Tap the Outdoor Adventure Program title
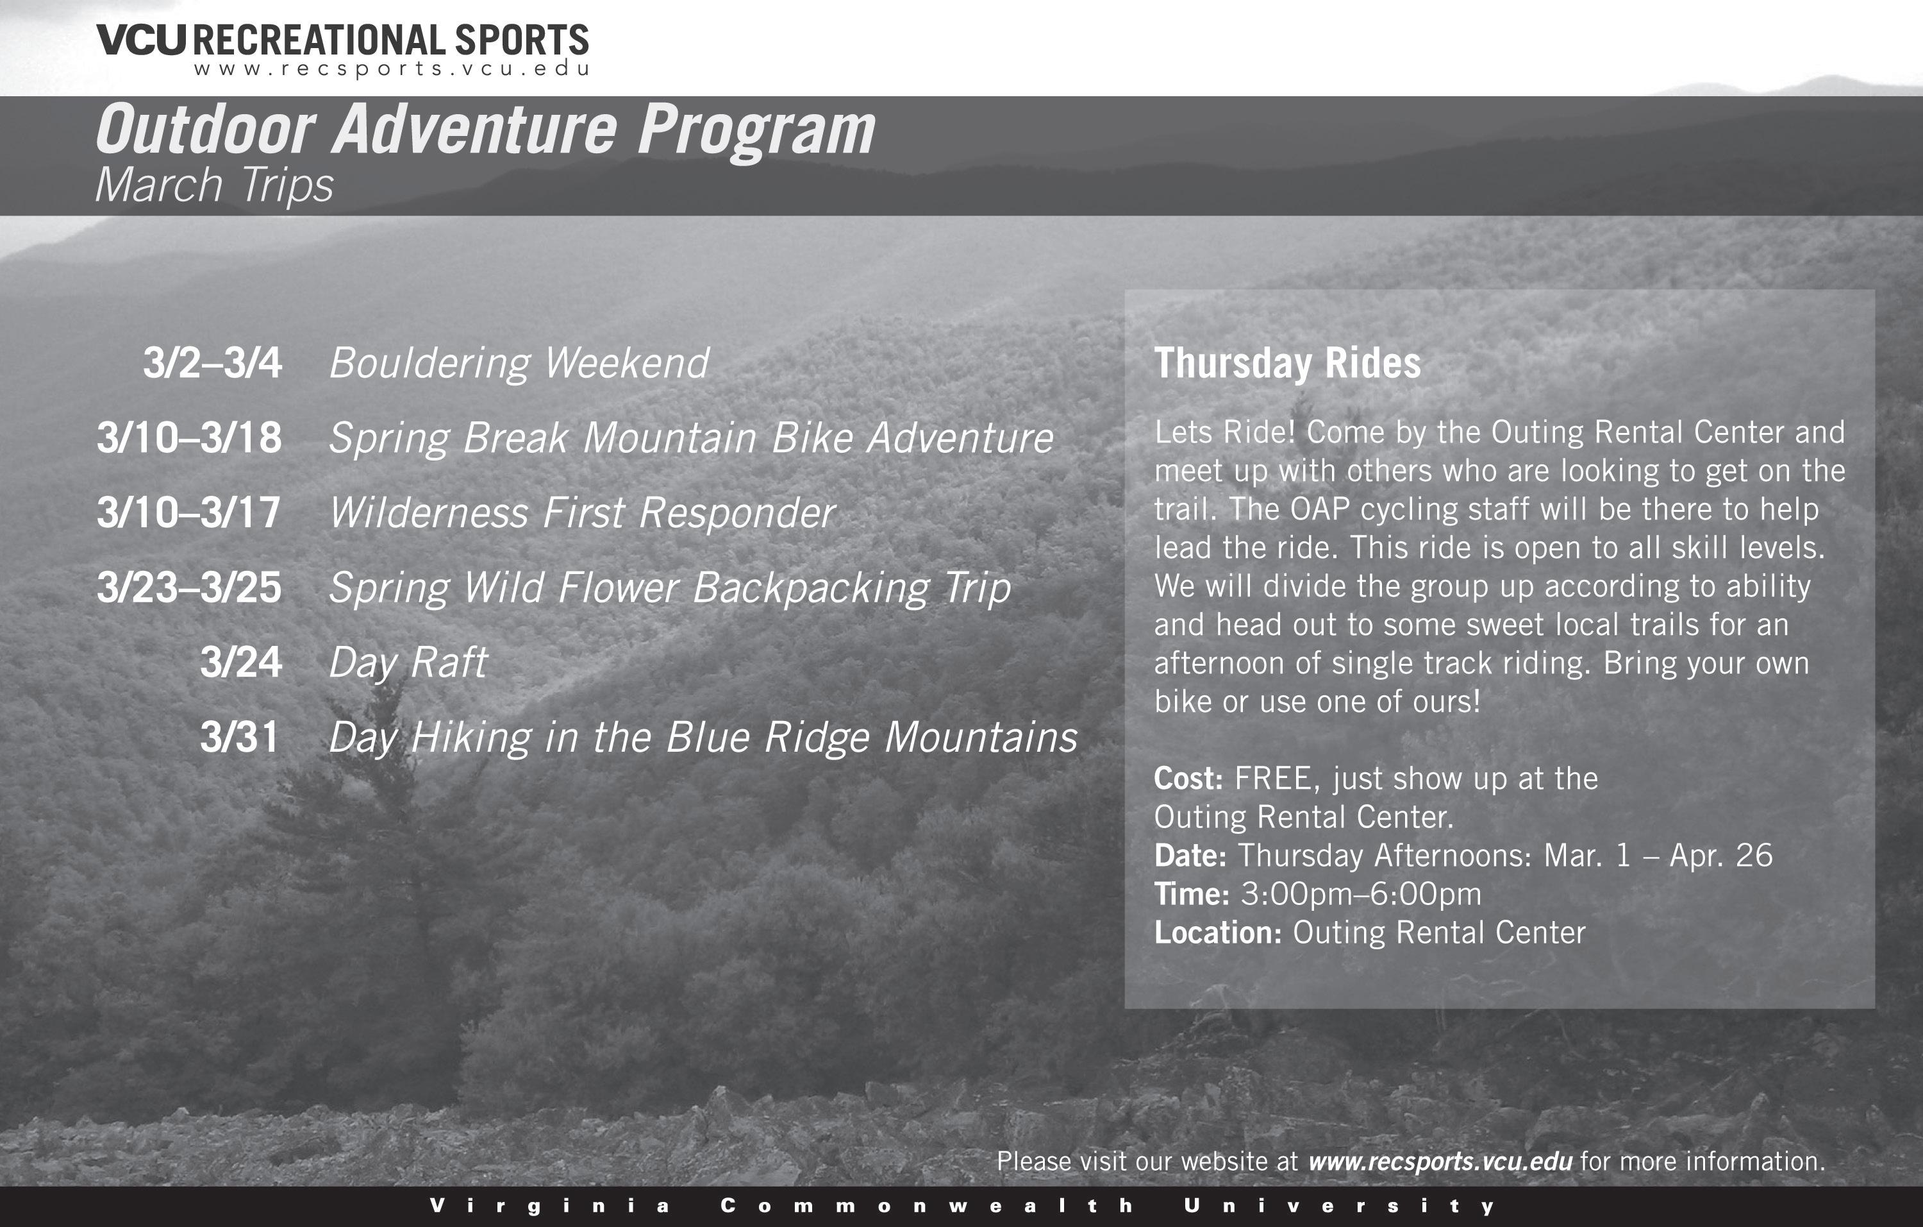point(485,131)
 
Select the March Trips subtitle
point(214,186)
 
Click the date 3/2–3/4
point(212,362)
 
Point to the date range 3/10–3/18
point(189,438)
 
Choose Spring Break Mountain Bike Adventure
point(692,439)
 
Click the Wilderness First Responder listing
point(582,513)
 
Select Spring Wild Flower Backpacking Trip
point(670,589)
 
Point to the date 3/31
point(240,736)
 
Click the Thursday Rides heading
point(1287,364)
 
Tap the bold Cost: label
point(1188,779)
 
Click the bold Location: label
point(1218,932)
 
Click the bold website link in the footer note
point(1441,1162)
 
